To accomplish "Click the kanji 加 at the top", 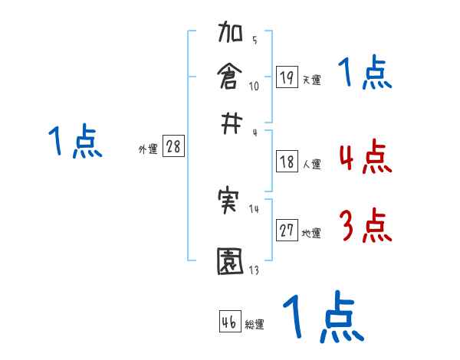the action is point(231,36).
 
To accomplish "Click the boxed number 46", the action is point(230,322).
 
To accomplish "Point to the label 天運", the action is point(310,80).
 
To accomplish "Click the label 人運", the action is point(311,164).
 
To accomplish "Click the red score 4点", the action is point(364,158).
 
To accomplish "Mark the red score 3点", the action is point(364,227).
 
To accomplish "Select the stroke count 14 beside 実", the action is point(254,209).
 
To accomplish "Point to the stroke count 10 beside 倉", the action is point(254,85).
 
